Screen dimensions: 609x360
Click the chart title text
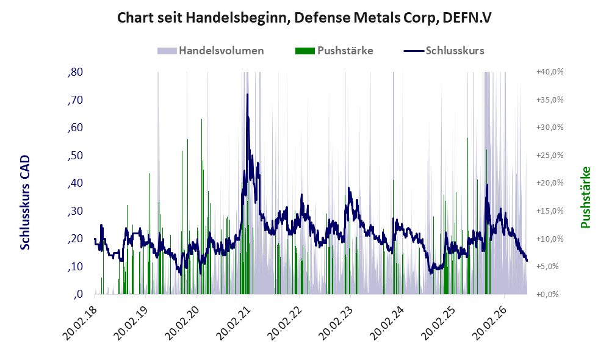[304, 18]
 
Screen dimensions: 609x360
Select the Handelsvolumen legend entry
[211, 51]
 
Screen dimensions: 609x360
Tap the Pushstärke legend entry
[334, 51]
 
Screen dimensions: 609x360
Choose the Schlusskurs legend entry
[444, 51]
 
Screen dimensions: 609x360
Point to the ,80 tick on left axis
[75, 72]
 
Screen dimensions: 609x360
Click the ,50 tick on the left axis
[75, 156]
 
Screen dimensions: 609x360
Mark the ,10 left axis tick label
[75, 267]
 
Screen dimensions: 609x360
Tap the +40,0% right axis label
[550, 72]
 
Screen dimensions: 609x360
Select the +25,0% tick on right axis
[550, 156]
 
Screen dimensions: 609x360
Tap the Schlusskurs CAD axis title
[25, 203]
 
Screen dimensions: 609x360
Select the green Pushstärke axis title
[585, 197]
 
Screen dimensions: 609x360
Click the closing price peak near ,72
[247, 95]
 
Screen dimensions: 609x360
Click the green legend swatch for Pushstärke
[305, 51]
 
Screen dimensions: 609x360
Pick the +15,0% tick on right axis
[550, 211]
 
